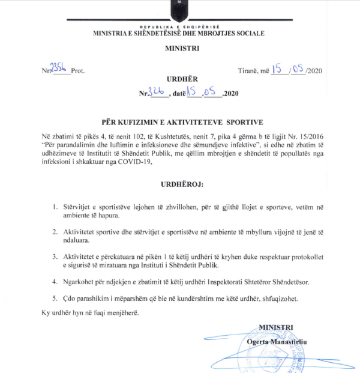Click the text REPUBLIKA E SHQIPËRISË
178,27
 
